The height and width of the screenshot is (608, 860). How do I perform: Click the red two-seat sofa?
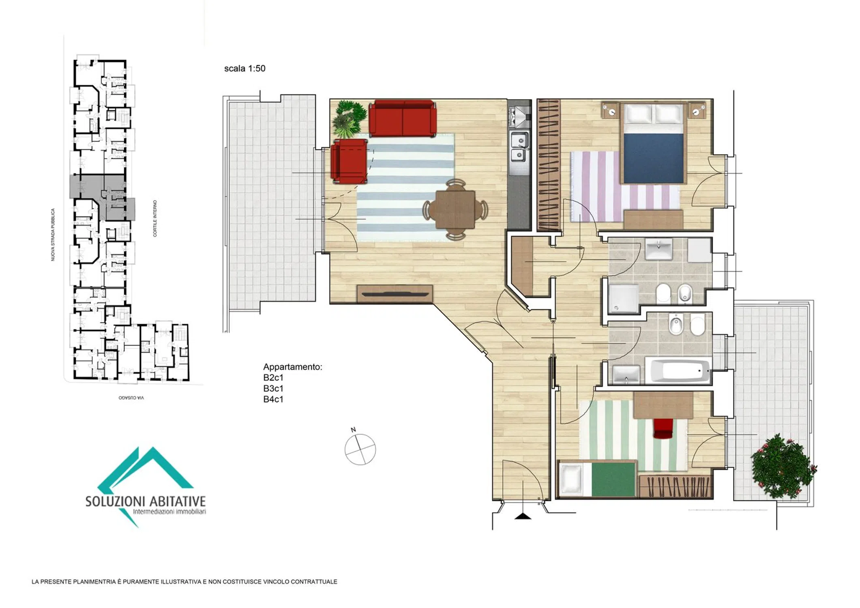(403, 118)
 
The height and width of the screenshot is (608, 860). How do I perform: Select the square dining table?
(455, 210)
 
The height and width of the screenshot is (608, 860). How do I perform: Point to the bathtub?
(680, 370)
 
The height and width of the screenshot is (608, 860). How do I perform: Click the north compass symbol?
(360, 448)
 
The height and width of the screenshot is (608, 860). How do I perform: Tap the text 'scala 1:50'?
(245, 69)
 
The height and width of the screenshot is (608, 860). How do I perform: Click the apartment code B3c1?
(273, 388)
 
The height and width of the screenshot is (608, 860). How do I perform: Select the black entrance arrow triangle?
(523, 516)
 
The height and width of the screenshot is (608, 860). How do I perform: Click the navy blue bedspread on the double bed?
(653, 158)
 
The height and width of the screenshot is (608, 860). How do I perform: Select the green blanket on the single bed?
(613, 480)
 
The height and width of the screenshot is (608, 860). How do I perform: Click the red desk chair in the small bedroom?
(663, 428)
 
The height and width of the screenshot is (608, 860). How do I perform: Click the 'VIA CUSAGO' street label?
(131, 398)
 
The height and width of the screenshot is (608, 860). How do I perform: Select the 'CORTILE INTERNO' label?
(155, 218)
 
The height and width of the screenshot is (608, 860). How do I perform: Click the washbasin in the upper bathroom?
(658, 249)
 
